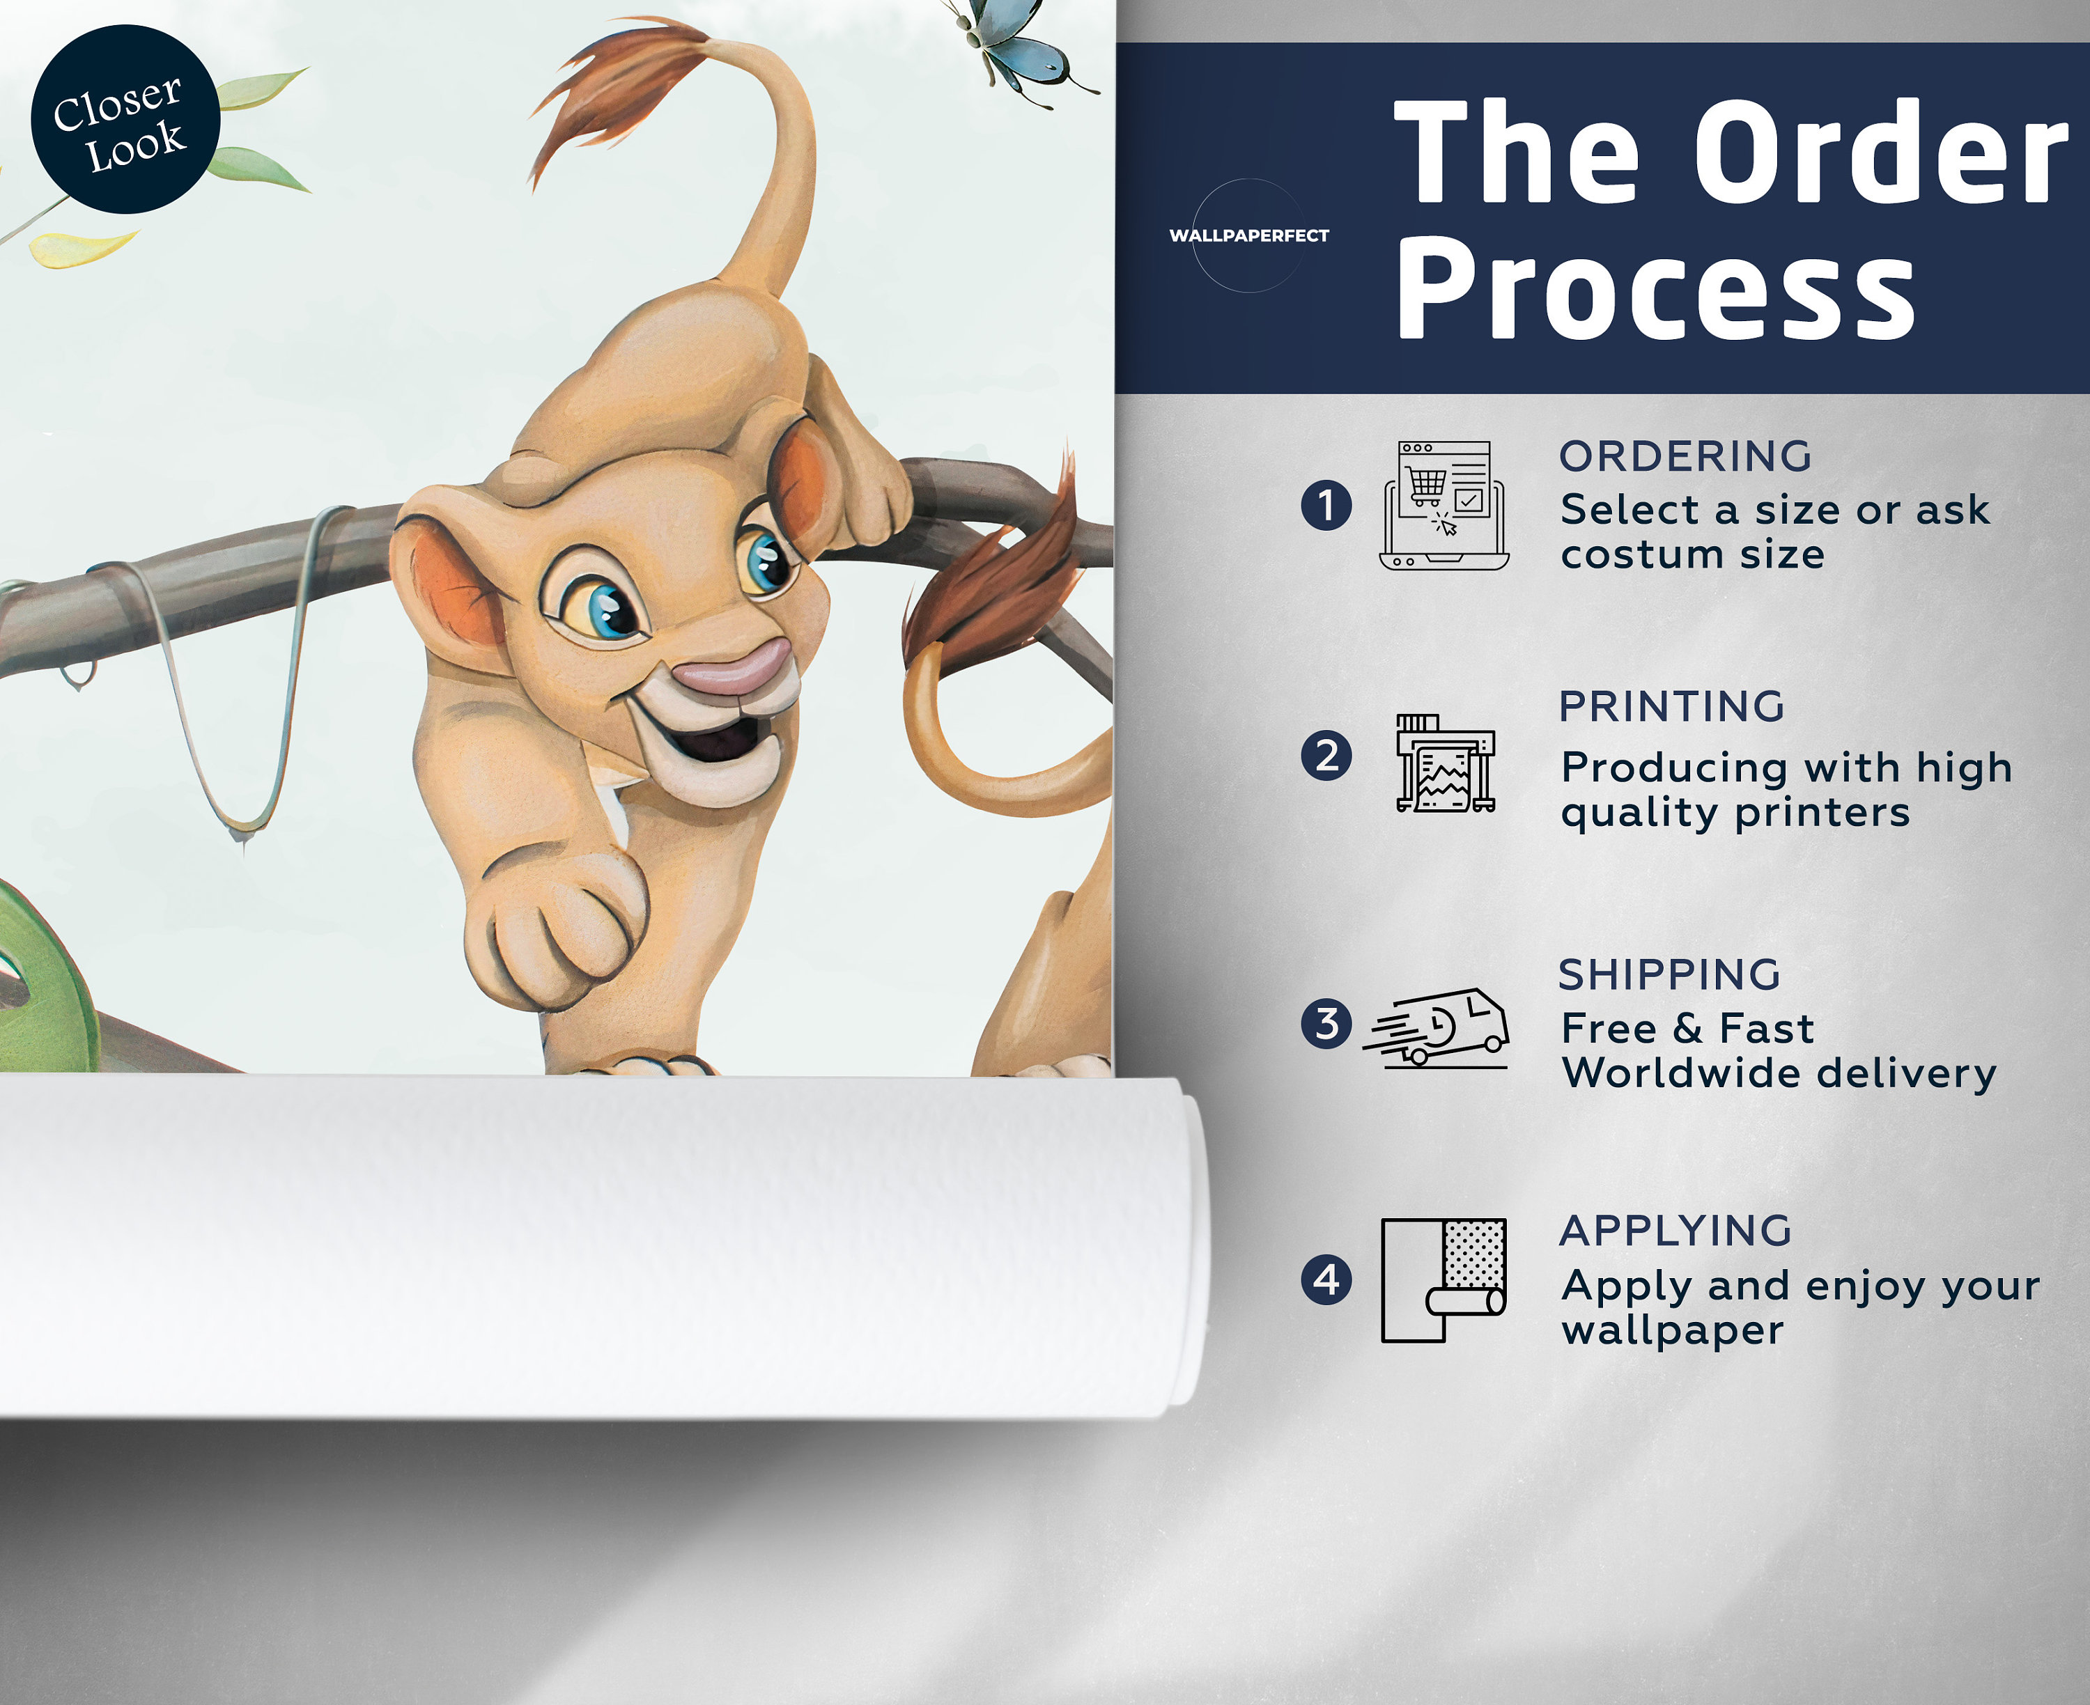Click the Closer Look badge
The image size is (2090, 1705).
(125, 119)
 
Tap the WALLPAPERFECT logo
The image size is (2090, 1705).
(1248, 235)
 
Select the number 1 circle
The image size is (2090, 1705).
(1326, 505)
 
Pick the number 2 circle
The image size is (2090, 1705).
(1326, 756)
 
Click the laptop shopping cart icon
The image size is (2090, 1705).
(1443, 506)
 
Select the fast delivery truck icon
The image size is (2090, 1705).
(1436, 1027)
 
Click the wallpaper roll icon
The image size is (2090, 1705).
(1443, 1279)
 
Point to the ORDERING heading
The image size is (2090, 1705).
(1685, 457)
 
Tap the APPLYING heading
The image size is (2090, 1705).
(1675, 1231)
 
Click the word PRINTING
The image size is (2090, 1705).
(1671, 707)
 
